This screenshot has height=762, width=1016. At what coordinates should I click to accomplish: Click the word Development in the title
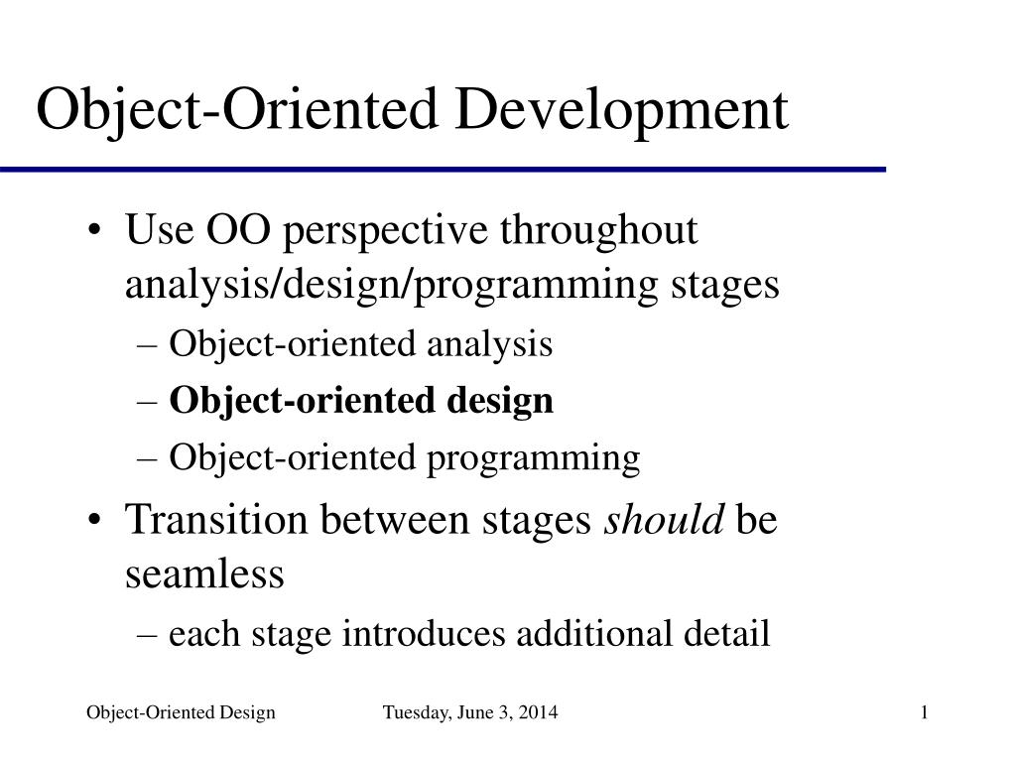click(x=620, y=110)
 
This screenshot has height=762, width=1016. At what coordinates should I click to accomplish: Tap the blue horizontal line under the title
click(x=442, y=171)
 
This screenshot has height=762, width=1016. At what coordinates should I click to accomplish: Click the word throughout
click(x=598, y=231)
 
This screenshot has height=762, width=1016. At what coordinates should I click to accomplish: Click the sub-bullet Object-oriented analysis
click(x=360, y=344)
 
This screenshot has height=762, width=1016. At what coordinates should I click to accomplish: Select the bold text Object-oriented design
click(x=361, y=401)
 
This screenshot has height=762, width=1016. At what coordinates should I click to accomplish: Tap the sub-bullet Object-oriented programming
click(x=404, y=458)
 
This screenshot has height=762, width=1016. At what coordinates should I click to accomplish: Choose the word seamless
click(x=204, y=573)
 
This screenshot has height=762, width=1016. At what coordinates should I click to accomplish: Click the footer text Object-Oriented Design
click(x=181, y=712)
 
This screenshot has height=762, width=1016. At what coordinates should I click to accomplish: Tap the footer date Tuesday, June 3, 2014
click(x=470, y=712)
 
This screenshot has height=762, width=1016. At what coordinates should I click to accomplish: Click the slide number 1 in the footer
click(x=924, y=712)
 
